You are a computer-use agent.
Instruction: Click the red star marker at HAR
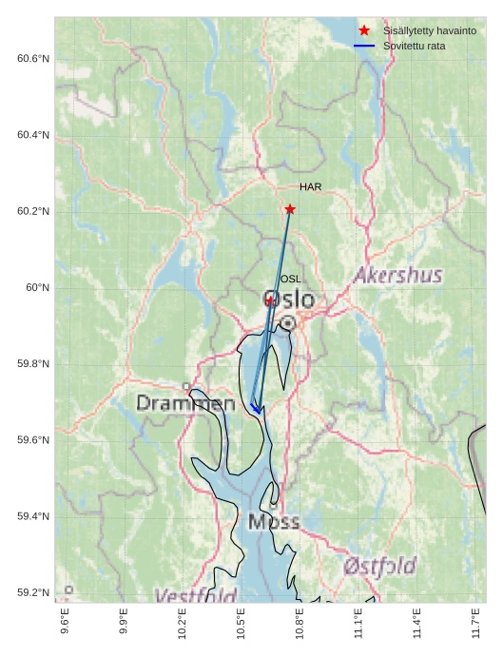pyautogui.click(x=290, y=209)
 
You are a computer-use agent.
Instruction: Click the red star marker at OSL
pyautogui.click(x=270, y=300)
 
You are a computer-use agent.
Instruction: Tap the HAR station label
pyautogui.click(x=310, y=187)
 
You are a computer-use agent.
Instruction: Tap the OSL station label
pyautogui.click(x=290, y=279)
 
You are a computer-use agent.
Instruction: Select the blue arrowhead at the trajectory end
pyautogui.click(x=255, y=409)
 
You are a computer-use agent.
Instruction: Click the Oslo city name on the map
pyautogui.click(x=288, y=300)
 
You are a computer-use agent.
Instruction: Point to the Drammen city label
pyautogui.click(x=185, y=404)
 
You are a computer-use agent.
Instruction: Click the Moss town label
pyautogui.click(x=274, y=521)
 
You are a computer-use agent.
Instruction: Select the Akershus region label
pyautogui.click(x=397, y=276)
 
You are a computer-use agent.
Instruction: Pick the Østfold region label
pyautogui.click(x=379, y=567)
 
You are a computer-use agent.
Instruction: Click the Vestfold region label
pyautogui.click(x=196, y=596)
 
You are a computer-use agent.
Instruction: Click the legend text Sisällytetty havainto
pyautogui.click(x=430, y=30)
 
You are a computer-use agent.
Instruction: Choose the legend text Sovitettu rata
pyautogui.click(x=414, y=46)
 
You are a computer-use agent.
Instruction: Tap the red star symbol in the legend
pyautogui.click(x=364, y=30)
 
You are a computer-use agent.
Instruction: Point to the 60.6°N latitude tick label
pyautogui.click(x=33, y=59)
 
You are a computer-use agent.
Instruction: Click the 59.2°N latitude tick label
pyautogui.click(x=33, y=592)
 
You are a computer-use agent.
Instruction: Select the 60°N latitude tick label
pyautogui.click(x=37, y=287)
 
